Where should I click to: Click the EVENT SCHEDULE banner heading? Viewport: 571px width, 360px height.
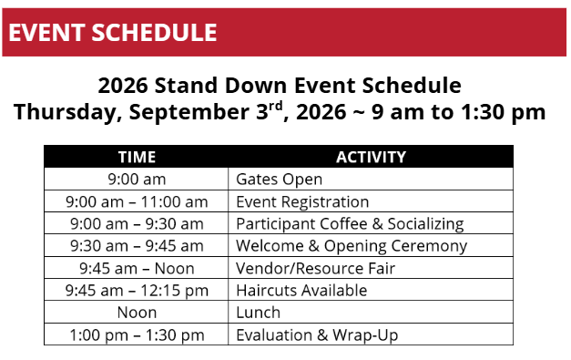pyautogui.click(x=113, y=33)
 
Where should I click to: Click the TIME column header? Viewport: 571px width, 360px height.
pyautogui.click(x=137, y=157)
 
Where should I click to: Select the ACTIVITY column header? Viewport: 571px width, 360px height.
pyautogui.click(x=371, y=157)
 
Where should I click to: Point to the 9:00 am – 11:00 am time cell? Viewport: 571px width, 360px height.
pyautogui.click(x=137, y=201)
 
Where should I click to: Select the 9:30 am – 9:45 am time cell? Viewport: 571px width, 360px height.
pyautogui.click(x=137, y=246)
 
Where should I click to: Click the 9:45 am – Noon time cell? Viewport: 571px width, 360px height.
pyautogui.click(x=137, y=269)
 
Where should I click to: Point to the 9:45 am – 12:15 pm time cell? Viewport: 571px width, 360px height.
pyautogui.click(x=137, y=291)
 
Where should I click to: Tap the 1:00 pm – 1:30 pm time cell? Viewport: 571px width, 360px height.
pyautogui.click(x=137, y=335)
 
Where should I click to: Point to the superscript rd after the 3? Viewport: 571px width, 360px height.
pyautogui.click(x=276, y=107)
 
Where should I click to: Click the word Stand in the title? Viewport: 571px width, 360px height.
pyautogui.click(x=187, y=86)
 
